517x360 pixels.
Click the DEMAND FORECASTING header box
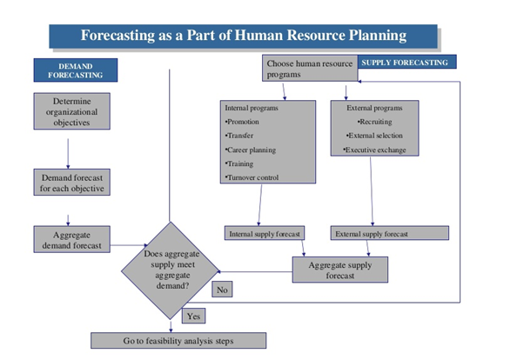point(76,70)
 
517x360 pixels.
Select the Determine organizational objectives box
point(72,111)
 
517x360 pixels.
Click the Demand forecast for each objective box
point(72,183)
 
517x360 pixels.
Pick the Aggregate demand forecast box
point(72,239)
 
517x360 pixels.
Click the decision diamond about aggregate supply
point(171,270)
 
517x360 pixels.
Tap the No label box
point(222,290)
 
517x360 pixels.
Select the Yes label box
point(193,316)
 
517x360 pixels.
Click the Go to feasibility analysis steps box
point(178,341)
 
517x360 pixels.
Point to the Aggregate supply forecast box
point(340,270)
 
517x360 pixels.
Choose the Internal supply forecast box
point(265,233)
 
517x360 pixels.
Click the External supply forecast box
point(390,233)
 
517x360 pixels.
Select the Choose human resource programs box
point(310,68)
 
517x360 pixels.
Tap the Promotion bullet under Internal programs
point(242,122)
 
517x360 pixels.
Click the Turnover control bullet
point(252,177)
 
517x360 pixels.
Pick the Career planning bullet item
point(251,150)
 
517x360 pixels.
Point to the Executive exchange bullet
point(374,150)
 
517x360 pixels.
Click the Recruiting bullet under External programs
point(374,122)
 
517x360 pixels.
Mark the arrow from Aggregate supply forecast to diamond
point(255,271)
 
